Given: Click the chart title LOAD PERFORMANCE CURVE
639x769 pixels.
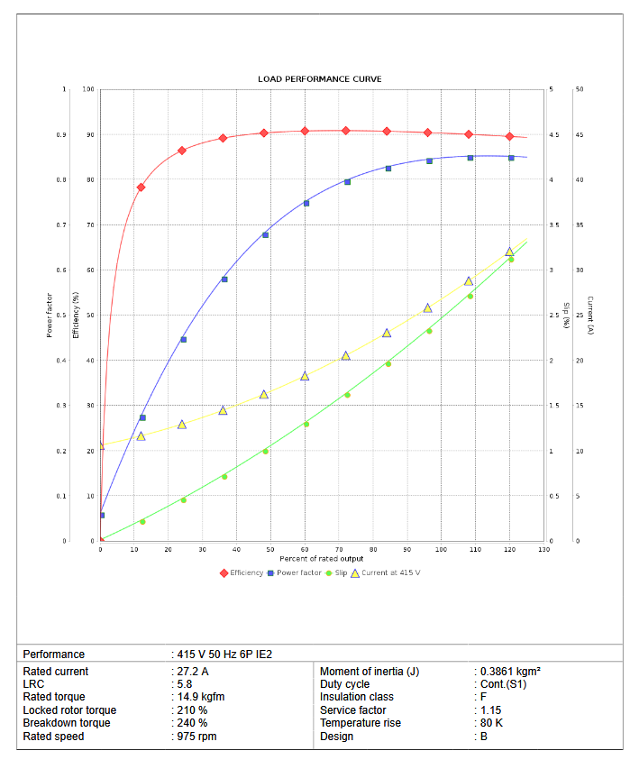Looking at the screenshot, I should point(319,79).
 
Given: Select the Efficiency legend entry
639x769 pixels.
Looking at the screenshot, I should point(242,572).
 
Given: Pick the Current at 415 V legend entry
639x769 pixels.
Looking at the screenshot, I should point(384,572).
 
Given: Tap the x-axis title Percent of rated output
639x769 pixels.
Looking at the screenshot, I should point(322,559).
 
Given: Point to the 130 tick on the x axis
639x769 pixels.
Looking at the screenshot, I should point(543,549).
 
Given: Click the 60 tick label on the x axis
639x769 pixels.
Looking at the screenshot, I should point(305,549).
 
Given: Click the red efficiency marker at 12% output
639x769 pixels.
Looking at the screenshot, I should point(141,188).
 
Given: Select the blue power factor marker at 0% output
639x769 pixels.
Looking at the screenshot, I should point(102,516).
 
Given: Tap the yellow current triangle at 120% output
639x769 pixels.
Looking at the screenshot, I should point(509,252).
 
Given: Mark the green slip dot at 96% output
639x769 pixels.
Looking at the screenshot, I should point(429,331).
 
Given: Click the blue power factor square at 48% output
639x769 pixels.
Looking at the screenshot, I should point(265,235).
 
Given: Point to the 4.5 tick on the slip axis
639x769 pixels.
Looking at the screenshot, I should point(553,135).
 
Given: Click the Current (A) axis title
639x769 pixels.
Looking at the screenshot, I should point(589,316).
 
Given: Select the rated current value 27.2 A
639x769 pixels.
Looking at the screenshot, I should point(192,672).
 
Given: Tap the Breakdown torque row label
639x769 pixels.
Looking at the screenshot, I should point(67,723).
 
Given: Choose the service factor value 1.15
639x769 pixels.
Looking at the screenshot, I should point(490,710).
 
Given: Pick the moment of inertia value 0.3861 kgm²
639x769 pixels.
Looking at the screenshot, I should point(509,672).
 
